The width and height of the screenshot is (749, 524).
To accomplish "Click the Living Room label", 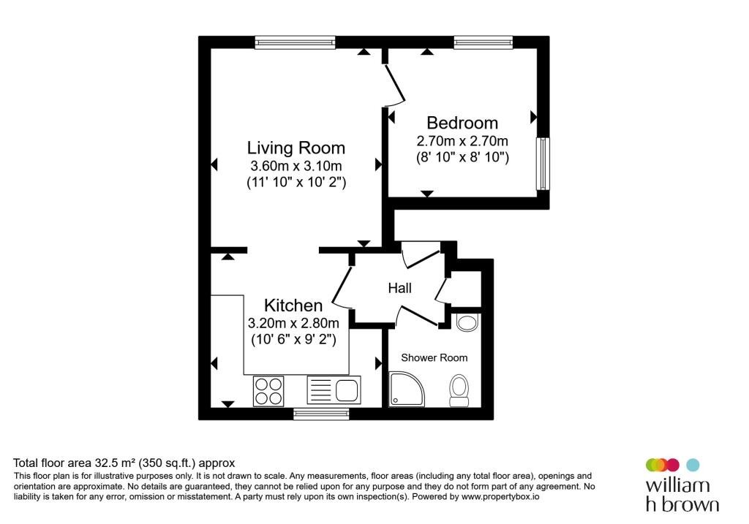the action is point(296,148).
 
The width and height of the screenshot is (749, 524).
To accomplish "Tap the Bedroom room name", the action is point(462,123).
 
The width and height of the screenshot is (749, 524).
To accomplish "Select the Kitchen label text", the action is point(293,305).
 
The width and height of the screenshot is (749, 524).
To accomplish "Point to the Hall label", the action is point(400,288).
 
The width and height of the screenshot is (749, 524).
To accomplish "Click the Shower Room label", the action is point(434,358).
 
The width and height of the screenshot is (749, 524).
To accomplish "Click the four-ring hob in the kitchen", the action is point(268,391).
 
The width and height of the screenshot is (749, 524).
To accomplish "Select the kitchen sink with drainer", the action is point(334,390).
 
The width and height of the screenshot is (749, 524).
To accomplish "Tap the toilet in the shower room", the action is point(459,391).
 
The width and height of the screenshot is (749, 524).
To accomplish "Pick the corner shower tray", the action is point(407,390).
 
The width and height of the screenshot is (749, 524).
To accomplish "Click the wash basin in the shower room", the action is point(467,322).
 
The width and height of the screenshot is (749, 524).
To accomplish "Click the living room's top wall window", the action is point(295,43).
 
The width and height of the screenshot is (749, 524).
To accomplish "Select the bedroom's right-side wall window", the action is point(543,164).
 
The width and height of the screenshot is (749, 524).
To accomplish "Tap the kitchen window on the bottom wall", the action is point(321,414).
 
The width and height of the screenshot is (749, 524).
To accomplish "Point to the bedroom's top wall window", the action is point(483,43).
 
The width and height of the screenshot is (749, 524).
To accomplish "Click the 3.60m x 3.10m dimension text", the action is point(296,166).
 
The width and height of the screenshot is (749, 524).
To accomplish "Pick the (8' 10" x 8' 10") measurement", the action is point(462,157).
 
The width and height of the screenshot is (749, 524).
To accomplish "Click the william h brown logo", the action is point(682,485).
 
